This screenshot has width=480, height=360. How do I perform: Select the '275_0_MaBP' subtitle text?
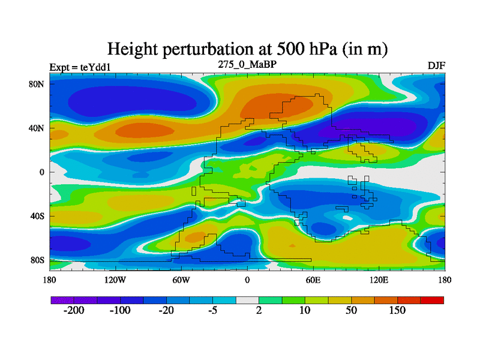tap(247, 64)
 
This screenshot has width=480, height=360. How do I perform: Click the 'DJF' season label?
tap(436, 65)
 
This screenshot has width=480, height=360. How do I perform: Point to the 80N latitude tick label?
tap(37, 84)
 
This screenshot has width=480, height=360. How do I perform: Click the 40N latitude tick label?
tap(37, 128)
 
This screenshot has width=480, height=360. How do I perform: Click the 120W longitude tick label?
tap(115, 280)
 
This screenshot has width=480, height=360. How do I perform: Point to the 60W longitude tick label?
tap(181, 280)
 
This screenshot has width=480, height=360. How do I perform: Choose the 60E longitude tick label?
tap(313, 280)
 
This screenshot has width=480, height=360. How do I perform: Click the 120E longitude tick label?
tap(379, 280)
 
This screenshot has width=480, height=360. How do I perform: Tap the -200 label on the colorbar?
tap(74, 311)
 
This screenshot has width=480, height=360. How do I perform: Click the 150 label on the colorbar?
tap(397, 311)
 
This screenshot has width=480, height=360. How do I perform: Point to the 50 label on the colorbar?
tap(351, 311)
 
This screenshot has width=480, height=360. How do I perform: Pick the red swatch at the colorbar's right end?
tap(432, 299)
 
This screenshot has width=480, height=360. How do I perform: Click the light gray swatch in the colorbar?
tap(247, 299)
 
